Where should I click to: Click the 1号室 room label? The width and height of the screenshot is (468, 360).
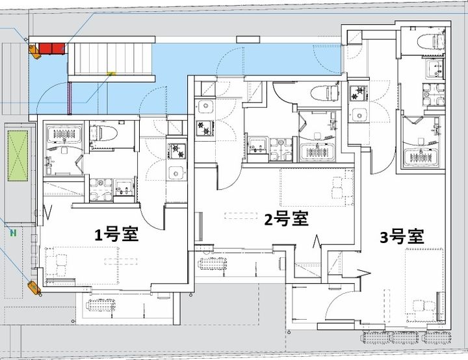pyautogui.click(x=116, y=235)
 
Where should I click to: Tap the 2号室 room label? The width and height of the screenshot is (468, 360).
pyautogui.click(x=287, y=219)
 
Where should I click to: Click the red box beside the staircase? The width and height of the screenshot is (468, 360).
pyautogui.click(x=51, y=48)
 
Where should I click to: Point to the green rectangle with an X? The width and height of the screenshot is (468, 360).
pyautogui.click(x=18, y=155)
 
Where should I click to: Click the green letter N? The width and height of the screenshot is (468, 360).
pyautogui.click(x=13, y=232)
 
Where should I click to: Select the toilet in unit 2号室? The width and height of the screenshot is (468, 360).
pyautogui.click(x=325, y=93)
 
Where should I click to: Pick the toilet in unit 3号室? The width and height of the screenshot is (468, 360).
pyautogui.click(x=432, y=41)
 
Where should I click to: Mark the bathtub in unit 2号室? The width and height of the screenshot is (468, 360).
pyautogui.click(x=317, y=152)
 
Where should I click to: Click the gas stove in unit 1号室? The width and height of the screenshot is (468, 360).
pyautogui.click(x=177, y=151)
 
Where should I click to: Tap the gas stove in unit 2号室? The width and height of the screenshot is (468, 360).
pyautogui.click(x=205, y=128)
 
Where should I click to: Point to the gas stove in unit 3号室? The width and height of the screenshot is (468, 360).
pyautogui.click(x=359, y=93)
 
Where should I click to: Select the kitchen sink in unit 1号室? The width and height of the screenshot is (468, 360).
pyautogui.click(x=176, y=172)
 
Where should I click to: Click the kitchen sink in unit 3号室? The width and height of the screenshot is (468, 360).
pyautogui.click(x=359, y=114)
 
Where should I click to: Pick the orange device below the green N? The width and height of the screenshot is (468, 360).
pyautogui.click(x=34, y=288)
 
